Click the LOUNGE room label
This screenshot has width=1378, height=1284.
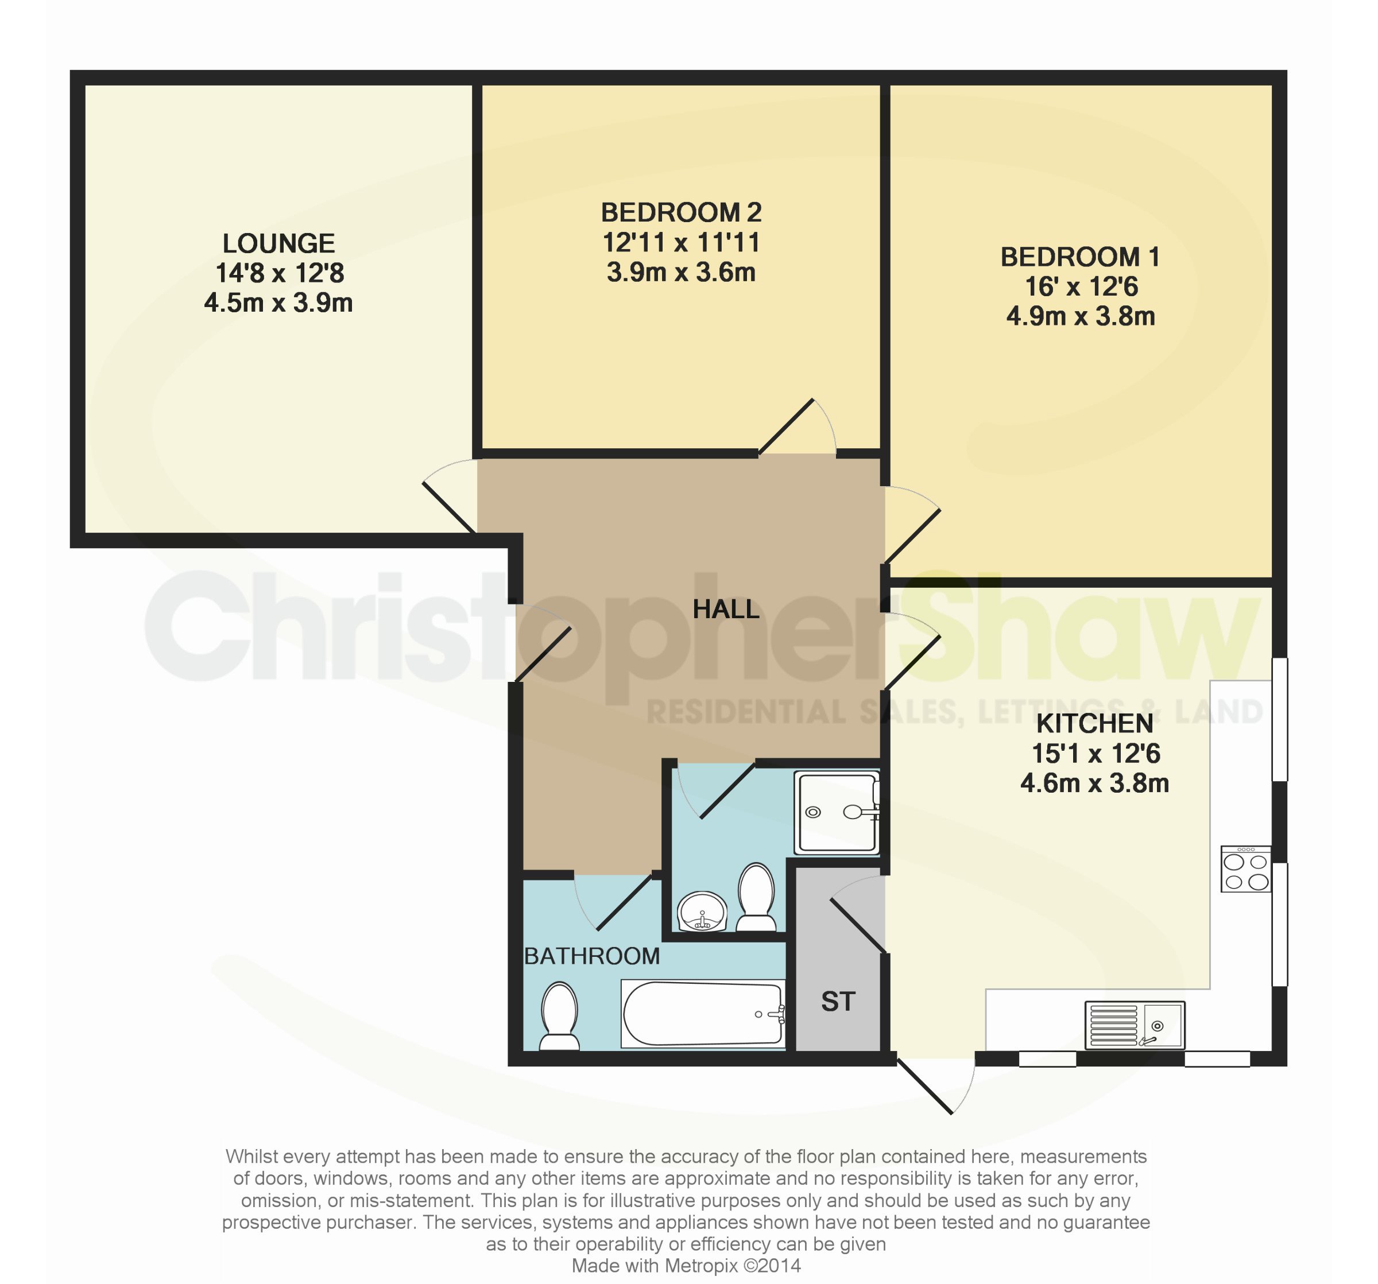coord(278,243)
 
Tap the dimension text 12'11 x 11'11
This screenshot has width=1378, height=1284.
coord(681,243)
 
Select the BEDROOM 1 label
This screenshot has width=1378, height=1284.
coord(1079,257)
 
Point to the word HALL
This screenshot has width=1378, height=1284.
coord(726,609)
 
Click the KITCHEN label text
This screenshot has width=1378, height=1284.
coord(1094,723)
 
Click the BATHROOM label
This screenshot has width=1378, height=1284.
coord(591,956)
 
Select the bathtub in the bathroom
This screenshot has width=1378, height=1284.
coord(703,1014)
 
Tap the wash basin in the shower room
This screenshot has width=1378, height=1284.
coord(702,912)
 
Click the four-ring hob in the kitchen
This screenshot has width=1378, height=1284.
coord(1245,869)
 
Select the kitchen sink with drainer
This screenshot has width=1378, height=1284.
coord(1135,1025)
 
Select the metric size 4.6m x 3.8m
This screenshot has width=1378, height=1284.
coord(1094,783)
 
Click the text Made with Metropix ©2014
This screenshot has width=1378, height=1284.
coord(686,1265)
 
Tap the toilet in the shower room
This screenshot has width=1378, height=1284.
coord(756,897)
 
